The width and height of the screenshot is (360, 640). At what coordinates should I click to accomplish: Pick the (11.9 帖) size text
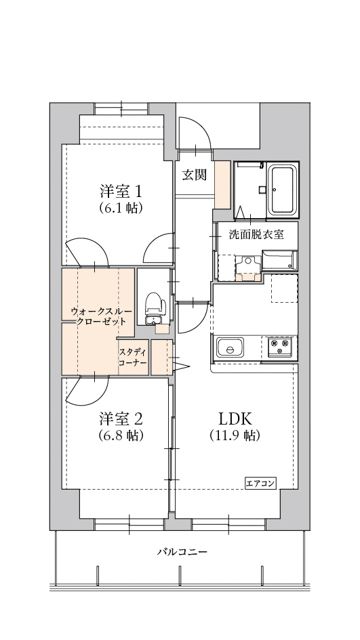[x=234, y=436]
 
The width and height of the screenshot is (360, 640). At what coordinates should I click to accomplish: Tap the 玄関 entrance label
[x=194, y=173]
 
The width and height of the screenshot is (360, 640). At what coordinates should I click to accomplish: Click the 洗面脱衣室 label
[x=256, y=233]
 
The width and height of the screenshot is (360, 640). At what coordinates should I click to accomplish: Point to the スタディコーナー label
[x=132, y=356]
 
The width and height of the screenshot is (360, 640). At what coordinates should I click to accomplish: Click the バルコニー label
[x=181, y=551]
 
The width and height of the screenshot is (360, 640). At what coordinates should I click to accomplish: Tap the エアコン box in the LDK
[x=262, y=482]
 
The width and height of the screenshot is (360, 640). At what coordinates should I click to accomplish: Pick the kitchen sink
[x=229, y=349]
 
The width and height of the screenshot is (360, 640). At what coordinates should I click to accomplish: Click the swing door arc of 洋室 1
[x=152, y=258]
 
